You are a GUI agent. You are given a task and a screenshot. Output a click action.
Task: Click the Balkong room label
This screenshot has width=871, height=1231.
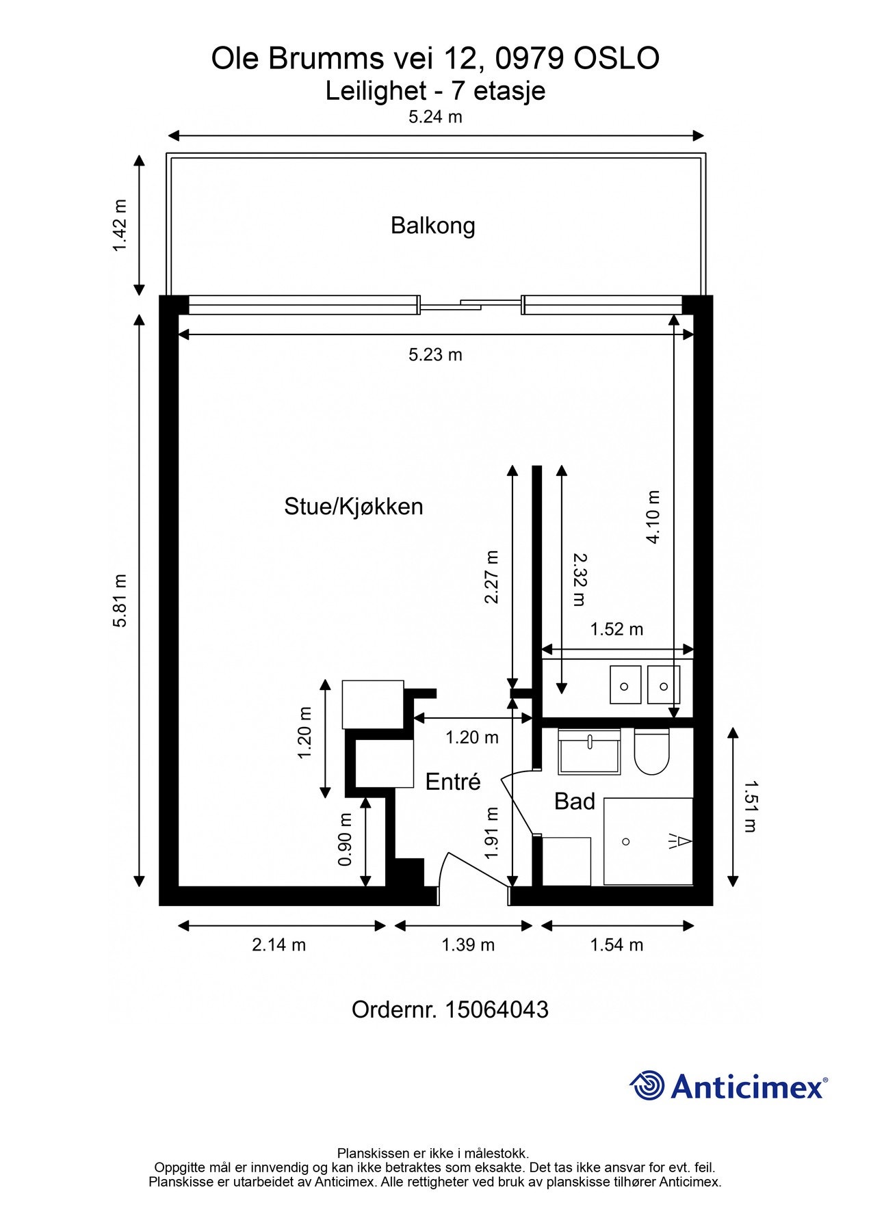pyautogui.click(x=432, y=226)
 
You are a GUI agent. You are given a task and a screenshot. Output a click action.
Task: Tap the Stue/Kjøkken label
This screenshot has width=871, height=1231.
pyautogui.click(x=354, y=506)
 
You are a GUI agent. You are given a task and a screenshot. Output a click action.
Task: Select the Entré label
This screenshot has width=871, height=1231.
pyautogui.click(x=453, y=781)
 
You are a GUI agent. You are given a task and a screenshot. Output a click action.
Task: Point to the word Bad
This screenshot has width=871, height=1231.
pyautogui.click(x=575, y=801)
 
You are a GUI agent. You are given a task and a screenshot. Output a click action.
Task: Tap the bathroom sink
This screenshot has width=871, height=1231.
pyautogui.click(x=589, y=752)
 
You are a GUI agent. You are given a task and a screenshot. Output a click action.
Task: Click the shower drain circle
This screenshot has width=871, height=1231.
pyautogui.click(x=625, y=842)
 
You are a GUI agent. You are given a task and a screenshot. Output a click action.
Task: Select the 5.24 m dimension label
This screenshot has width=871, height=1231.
pyautogui.click(x=435, y=117)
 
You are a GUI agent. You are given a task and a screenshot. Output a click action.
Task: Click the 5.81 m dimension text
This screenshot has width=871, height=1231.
pyautogui.click(x=120, y=600)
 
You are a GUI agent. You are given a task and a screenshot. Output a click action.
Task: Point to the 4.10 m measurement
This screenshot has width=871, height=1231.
pyautogui.click(x=653, y=516)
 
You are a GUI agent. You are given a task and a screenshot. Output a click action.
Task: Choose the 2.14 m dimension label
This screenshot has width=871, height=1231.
pyautogui.click(x=278, y=944)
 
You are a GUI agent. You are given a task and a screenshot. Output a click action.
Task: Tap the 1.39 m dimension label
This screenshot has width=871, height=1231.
pyautogui.click(x=468, y=944)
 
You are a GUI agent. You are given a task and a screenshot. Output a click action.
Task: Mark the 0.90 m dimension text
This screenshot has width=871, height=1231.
pyautogui.click(x=346, y=839)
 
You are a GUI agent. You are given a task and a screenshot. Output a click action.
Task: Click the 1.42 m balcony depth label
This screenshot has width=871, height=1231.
pyautogui.click(x=120, y=225)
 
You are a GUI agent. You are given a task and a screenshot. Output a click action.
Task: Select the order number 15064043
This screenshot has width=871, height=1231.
pyautogui.click(x=497, y=1009)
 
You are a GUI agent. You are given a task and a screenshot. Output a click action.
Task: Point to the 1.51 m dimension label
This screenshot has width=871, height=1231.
pyautogui.click(x=751, y=806)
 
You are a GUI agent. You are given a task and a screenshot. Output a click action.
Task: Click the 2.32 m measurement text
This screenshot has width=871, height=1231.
pyautogui.click(x=580, y=579)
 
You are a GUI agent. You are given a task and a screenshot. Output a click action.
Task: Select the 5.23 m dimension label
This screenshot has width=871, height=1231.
pyautogui.click(x=435, y=354)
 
